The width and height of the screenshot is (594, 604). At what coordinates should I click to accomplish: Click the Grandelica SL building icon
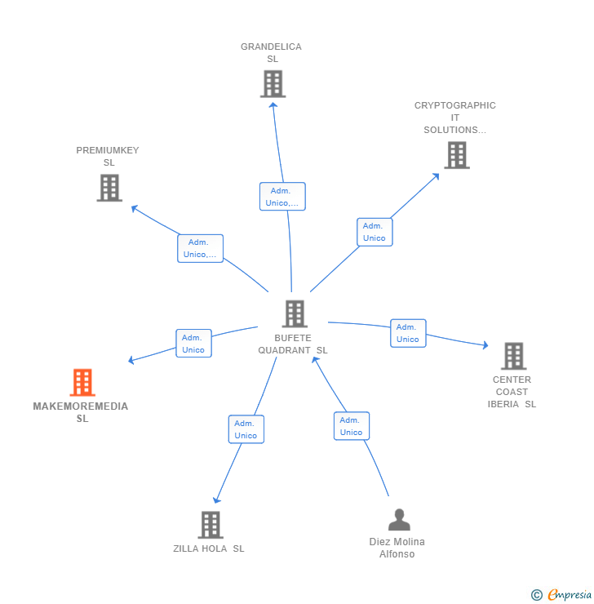273,83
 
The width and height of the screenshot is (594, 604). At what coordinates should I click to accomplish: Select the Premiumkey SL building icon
109,188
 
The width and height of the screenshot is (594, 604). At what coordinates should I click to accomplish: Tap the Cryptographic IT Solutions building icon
456,155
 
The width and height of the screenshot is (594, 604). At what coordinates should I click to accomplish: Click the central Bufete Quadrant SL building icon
294,313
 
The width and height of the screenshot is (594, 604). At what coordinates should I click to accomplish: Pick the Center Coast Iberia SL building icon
513,356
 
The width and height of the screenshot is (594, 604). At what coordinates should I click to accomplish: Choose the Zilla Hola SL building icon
211,525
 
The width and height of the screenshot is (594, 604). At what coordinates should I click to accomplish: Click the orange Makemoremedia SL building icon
82,382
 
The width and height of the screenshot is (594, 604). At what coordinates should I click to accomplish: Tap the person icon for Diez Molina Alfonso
398,520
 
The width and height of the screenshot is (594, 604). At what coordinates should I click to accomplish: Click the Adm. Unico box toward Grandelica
282,197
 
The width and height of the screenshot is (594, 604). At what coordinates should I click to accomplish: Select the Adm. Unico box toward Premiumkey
200,248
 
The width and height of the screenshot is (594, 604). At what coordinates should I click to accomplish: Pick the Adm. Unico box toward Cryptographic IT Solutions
375,232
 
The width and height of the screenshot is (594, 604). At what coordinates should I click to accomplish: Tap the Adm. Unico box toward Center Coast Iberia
408,333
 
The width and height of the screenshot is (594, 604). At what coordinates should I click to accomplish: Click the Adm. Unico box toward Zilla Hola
246,429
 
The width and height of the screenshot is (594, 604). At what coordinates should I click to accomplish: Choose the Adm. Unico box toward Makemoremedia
193,344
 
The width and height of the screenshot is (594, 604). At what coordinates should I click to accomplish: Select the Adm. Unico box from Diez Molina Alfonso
351,426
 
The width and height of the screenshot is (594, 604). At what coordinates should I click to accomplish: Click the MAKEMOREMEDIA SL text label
81,412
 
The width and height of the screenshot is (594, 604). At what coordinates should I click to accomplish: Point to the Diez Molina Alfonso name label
397,548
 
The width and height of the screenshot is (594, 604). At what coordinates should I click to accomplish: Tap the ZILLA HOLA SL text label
209,548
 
